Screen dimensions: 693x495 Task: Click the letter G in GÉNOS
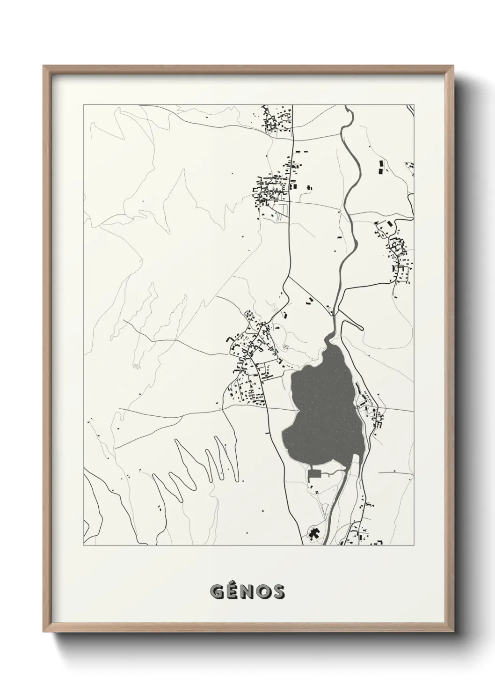click(218, 592)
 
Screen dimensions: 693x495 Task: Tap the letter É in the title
click(233, 591)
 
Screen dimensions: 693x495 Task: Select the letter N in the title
click(248, 592)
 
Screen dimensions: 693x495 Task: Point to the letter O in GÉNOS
click(263, 592)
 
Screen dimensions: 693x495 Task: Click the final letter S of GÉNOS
click(277, 592)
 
